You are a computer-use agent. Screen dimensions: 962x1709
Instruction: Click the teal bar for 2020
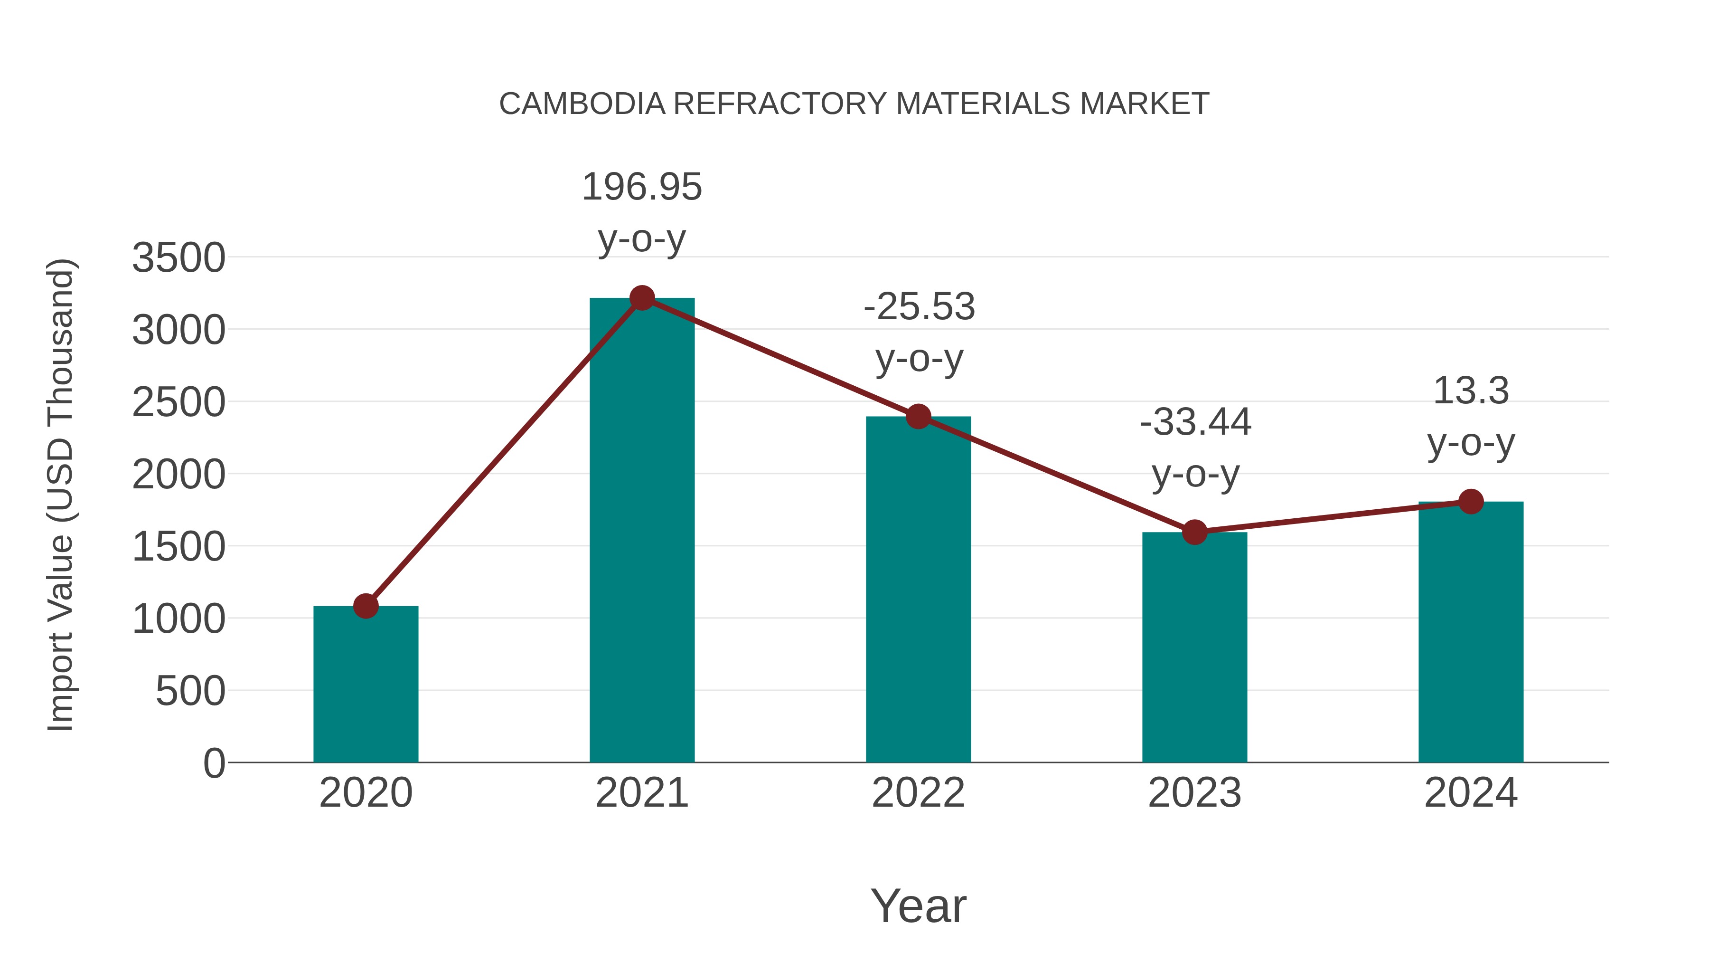pos(366,684)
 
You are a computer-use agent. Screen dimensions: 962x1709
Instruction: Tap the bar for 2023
pos(1194,648)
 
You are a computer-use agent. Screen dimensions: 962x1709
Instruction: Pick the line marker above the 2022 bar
pos(918,416)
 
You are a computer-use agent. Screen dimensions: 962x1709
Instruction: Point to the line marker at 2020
pos(366,606)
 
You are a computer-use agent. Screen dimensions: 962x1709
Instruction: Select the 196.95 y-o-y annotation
pos(641,212)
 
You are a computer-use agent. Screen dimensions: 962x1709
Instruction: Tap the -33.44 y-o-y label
pos(1195,448)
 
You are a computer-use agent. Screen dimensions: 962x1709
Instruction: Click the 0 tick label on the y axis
pos(214,763)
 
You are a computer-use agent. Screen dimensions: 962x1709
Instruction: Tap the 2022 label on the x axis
pos(918,793)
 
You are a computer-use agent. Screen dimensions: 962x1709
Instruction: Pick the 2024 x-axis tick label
pos(1471,793)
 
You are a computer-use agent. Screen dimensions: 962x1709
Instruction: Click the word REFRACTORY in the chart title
pos(779,104)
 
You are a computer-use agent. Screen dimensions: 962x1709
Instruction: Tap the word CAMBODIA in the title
pos(582,104)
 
